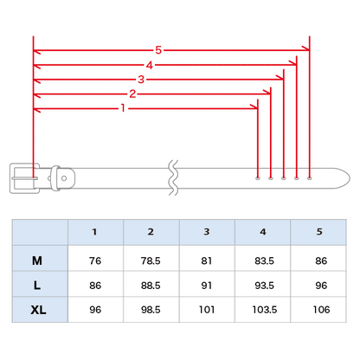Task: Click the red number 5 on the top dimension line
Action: coord(158,50)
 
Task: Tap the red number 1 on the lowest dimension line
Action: coord(123,108)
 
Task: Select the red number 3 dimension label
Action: coord(141,79)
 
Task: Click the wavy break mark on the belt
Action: coord(173,177)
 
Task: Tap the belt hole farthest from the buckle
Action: coord(310,178)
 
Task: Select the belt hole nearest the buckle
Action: coord(258,178)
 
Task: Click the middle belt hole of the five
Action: coord(284,178)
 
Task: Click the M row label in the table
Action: coord(37,260)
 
